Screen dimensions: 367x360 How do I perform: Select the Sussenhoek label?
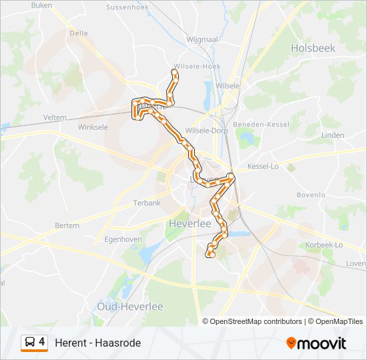click(x=129, y=7)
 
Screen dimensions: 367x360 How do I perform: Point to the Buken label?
click(x=41, y=5)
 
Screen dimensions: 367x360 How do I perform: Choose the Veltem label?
click(x=55, y=117)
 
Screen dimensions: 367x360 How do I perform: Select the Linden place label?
click(x=332, y=135)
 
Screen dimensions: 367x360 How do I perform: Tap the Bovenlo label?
click(x=310, y=195)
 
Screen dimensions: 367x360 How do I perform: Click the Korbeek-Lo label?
click(x=324, y=245)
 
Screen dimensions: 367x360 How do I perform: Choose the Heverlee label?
click(x=190, y=223)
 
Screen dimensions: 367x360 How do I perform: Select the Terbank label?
click(x=147, y=203)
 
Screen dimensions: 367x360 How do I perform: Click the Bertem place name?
click(x=67, y=226)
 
